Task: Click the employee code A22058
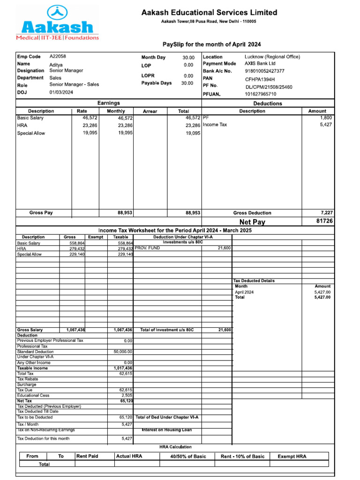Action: tap(58, 56)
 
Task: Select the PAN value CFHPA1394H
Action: tap(260, 79)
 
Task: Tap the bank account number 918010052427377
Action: tap(264, 71)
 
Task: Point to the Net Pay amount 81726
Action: tap(324, 221)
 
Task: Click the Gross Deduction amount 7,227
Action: tap(324, 213)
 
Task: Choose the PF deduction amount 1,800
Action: tap(326, 118)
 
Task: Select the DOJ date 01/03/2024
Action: tap(61, 92)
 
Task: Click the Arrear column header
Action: tap(150, 112)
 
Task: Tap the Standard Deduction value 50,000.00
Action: tap(123, 352)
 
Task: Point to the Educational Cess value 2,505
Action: tap(127, 395)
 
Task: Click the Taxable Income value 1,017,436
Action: tap(123, 368)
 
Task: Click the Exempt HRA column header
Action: tap(292, 456)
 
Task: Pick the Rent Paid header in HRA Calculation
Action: tap(87, 456)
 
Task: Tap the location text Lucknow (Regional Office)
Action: tap(272, 57)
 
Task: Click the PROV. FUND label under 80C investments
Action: tap(147, 248)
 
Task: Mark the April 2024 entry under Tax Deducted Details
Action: tap(244, 292)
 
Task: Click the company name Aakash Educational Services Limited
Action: tap(209, 13)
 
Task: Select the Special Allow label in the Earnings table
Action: tap(31, 133)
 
